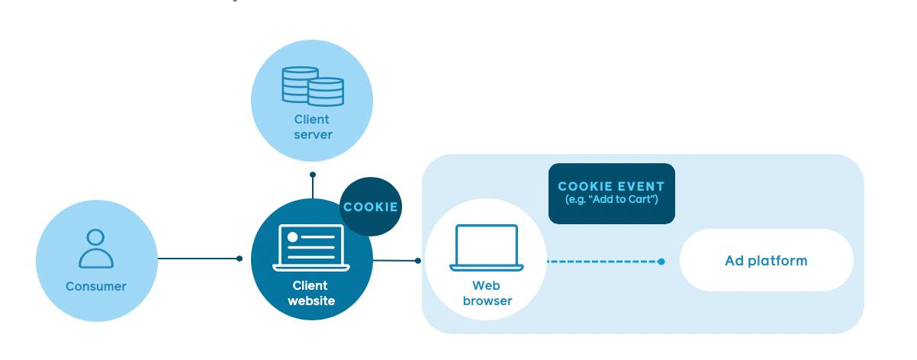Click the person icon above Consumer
(96, 249)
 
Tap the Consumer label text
(96, 287)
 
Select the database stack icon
(313, 85)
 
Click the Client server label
(313, 127)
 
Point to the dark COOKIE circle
(370, 207)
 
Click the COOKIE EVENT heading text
(611, 186)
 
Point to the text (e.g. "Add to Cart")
(611, 200)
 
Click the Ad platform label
(765, 261)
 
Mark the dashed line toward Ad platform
(603, 261)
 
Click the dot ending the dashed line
(661, 261)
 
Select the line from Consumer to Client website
(198, 259)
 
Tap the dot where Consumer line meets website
(240, 259)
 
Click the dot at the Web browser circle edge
(418, 261)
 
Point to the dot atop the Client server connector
(313, 175)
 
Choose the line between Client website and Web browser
(395, 260)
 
